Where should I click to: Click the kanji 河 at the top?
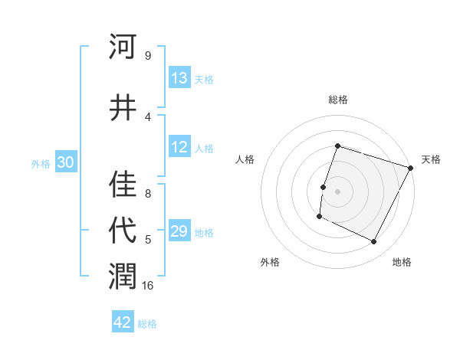pos(123,47)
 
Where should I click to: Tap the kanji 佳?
pos(123,184)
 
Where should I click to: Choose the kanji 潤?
pos(123,277)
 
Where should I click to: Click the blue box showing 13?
pos(179,78)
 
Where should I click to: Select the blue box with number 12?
pos(179,148)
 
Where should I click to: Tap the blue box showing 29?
pos(179,232)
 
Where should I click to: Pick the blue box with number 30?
pos(65,162)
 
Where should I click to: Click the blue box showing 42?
pos(123,322)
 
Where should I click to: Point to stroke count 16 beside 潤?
pos(148,286)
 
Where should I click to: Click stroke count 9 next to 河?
pos(148,55)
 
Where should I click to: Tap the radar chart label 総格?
pos(337,100)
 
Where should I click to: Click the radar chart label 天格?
pos(431,159)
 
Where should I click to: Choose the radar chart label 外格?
pos(270,262)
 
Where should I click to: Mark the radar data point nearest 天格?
pos(411,168)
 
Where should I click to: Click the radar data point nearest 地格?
pos(374,242)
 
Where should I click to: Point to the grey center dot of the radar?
pos(337,191)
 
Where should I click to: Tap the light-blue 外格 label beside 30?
pos(41,163)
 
